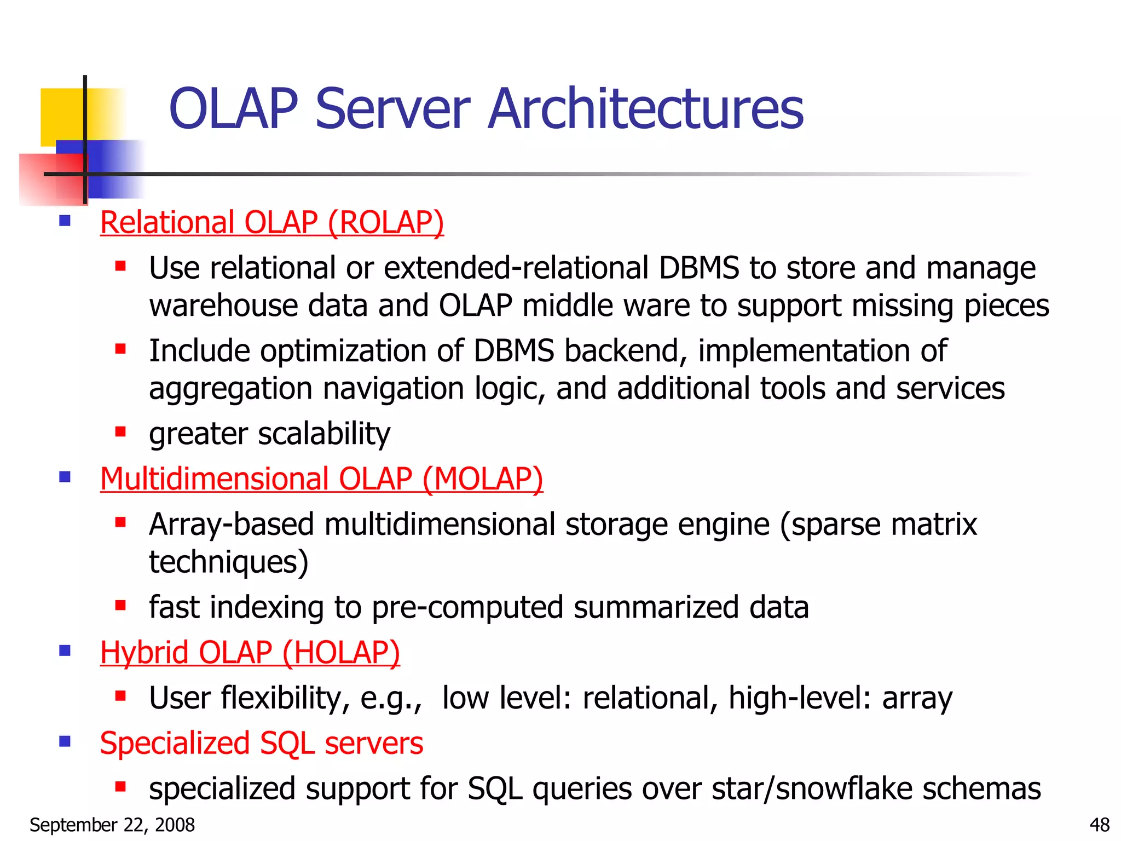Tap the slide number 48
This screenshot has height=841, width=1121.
[1099, 825]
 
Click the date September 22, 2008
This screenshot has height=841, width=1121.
[112, 825]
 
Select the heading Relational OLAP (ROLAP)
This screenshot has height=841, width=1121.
[271, 223]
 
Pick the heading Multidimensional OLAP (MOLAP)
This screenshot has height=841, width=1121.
[321, 479]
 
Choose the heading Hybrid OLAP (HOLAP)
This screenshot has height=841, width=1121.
[250, 653]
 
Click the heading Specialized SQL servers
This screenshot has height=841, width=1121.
[262, 744]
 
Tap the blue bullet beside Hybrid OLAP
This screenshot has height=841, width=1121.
[65, 651]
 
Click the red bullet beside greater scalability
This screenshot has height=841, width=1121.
[120, 432]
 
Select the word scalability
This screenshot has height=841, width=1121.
[324, 434]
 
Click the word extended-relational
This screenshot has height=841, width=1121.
[516, 268]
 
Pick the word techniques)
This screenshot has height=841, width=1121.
[229, 562]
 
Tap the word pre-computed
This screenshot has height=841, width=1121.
[467, 608]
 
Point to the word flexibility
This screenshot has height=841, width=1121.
[285, 699]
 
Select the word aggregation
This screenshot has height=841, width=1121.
[230, 389]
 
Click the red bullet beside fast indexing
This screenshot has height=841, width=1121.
[120, 606]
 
